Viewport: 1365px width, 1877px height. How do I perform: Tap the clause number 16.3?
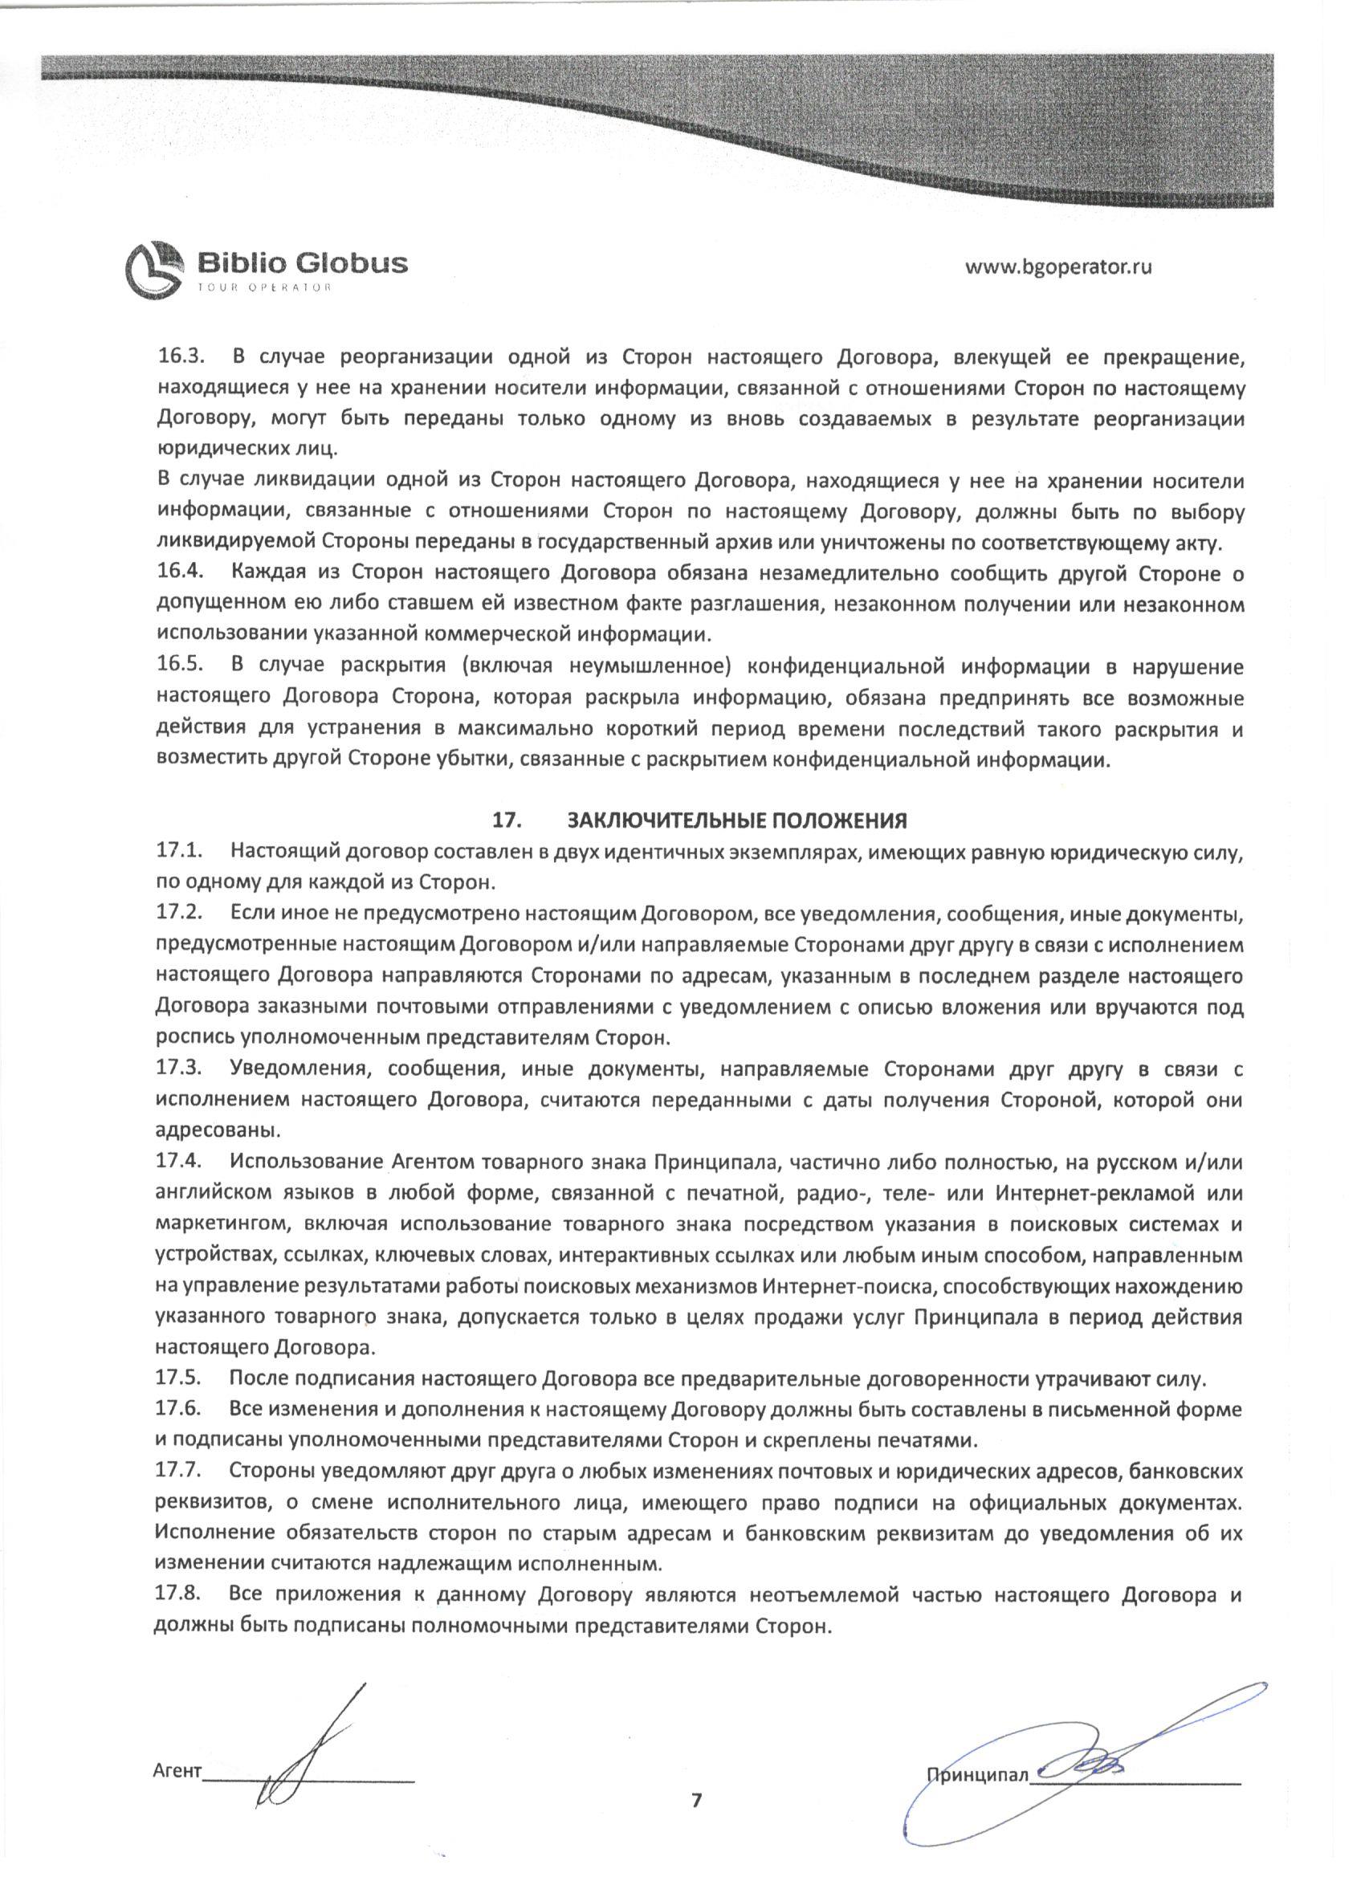(181, 357)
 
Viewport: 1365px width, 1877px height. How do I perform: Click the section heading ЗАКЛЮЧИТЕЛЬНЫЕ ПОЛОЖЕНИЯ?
(737, 820)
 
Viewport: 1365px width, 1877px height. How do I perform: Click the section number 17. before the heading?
(506, 820)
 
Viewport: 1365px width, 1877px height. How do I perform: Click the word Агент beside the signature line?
(177, 1765)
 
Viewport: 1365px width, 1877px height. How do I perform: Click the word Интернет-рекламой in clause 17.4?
(1091, 1195)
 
